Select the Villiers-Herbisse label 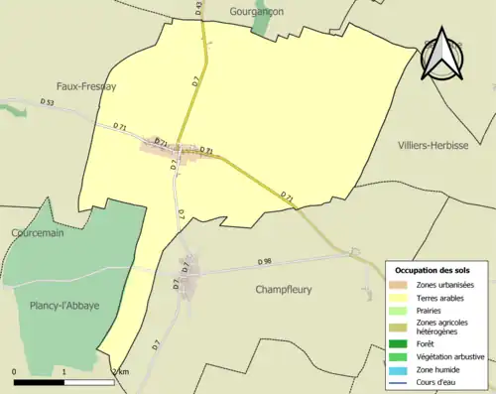coord(438,145)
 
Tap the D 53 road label coord(47,102)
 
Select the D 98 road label coord(264,262)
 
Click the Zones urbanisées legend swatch coord(401,286)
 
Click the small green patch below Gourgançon coord(260,24)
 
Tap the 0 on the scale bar coord(15,371)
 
